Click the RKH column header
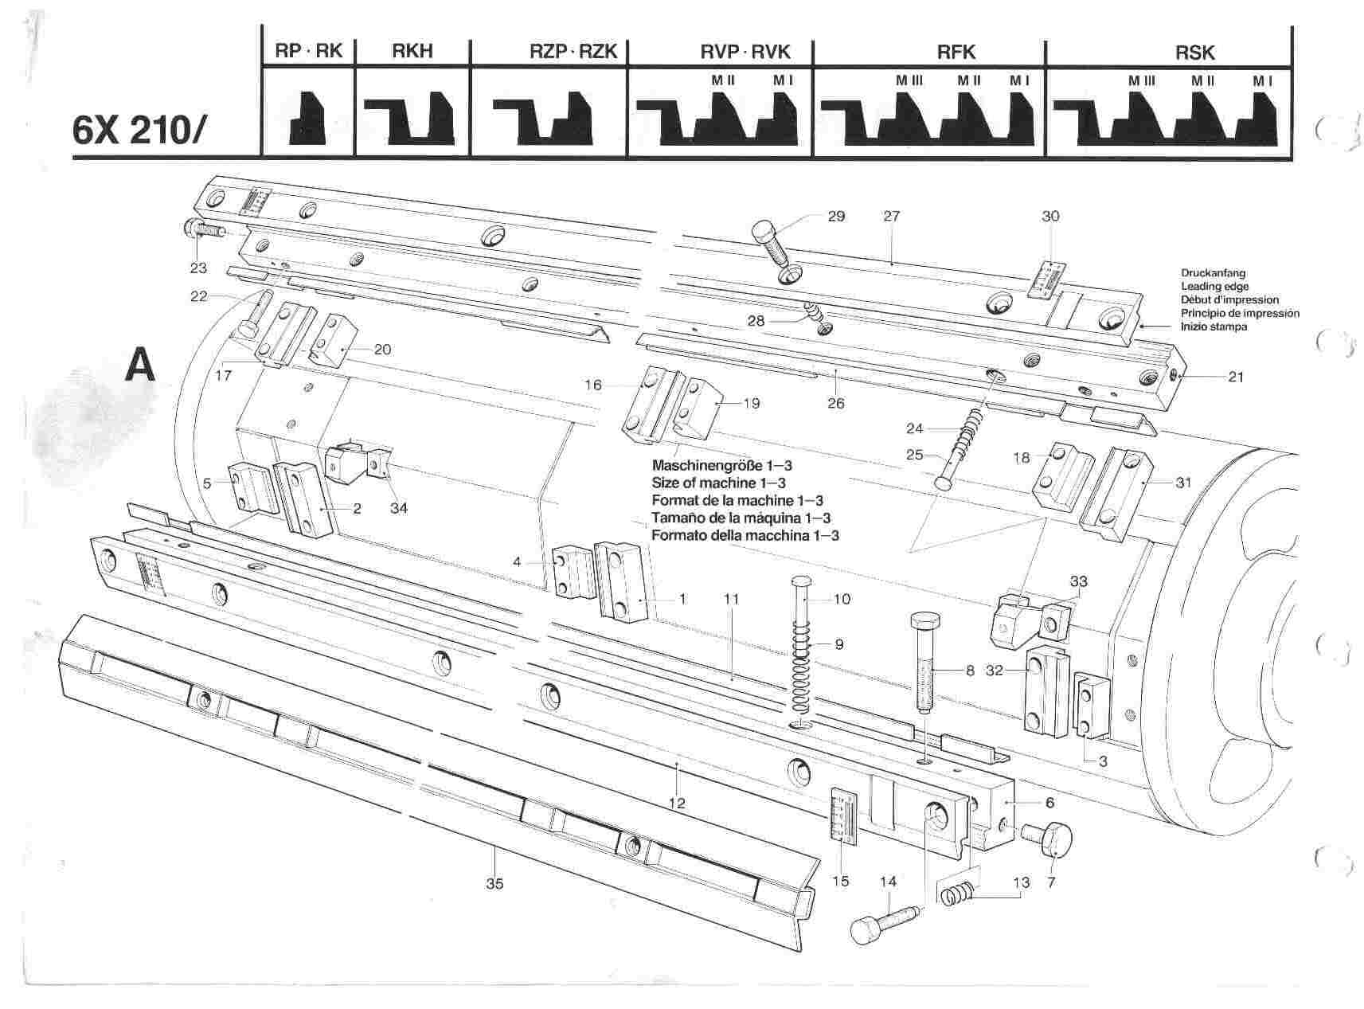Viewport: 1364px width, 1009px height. (x=412, y=53)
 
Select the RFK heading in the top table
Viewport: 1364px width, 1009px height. (x=956, y=53)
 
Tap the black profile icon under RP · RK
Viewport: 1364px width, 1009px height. (x=307, y=117)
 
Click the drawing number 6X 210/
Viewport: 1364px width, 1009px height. (x=139, y=130)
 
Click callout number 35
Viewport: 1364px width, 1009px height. (x=494, y=884)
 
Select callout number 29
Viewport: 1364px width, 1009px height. (x=835, y=216)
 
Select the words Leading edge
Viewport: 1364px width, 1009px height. (x=1214, y=286)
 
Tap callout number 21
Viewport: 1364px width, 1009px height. (x=1235, y=377)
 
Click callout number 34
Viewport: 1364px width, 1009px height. (x=398, y=508)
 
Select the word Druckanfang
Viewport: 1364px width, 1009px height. (x=1213, y=273)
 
